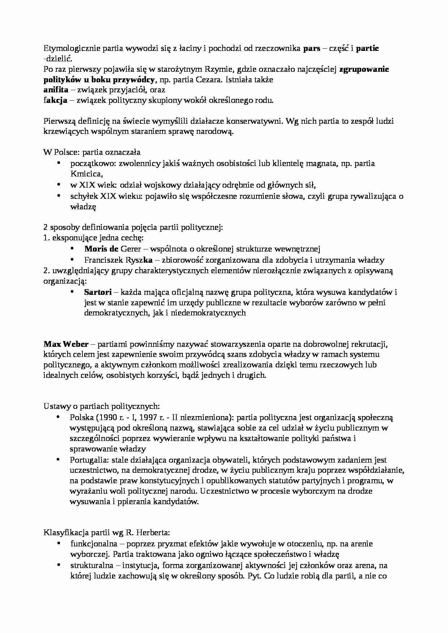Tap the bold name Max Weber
point(66,344)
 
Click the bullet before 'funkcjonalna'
point(59,543)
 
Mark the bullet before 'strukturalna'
point(59,565)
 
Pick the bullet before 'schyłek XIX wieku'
point(59,196)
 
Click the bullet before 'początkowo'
point(59,163)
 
